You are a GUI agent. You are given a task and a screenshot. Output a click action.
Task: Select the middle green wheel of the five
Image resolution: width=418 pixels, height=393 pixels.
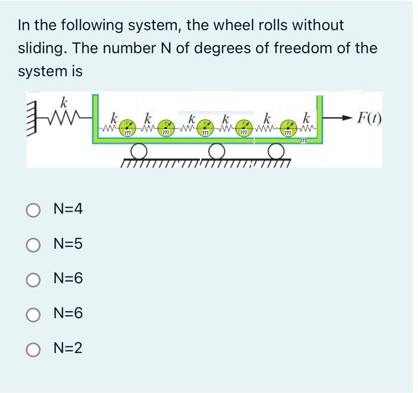click(x=205, y=126)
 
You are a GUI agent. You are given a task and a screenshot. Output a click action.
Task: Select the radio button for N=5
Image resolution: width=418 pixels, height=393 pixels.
click(x=33, y=244)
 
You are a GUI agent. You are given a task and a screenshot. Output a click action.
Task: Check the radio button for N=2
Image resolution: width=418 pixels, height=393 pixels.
click(x=33, y=348)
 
